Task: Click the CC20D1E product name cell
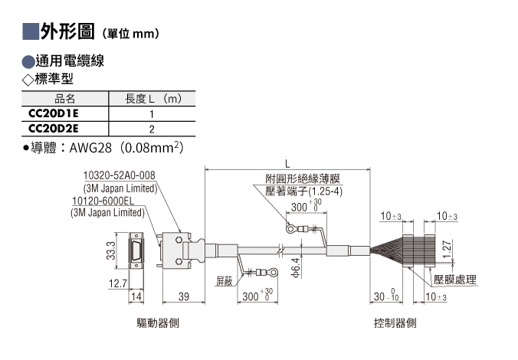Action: (54, 113)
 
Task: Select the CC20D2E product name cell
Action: (54, 128)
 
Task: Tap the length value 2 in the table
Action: (152, 129)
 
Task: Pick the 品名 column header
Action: (64, 98)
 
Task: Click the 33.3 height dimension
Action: (111, 250)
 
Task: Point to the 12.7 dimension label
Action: (118, 283)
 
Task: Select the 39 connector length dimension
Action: (184, 296)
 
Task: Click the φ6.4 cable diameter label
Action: (297, 267)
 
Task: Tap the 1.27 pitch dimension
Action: (447, 250)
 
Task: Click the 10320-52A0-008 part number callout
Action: (119, 175)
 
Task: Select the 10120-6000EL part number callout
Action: (103, 201)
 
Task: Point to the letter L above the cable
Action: (287, 163)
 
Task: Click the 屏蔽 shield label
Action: (225, 281)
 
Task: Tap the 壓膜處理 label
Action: (455, 280)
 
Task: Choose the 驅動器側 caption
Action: (158, 322)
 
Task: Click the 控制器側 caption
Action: (395, 322)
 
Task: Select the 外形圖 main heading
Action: (67, 31)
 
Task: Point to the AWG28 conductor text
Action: (90, 148)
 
